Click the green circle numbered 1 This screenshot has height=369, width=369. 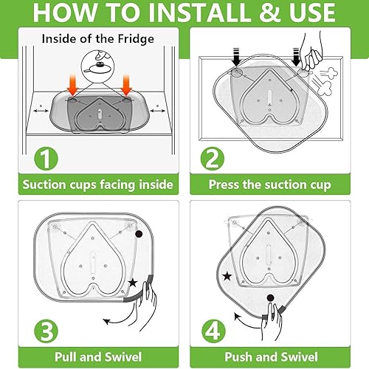click(46, 159)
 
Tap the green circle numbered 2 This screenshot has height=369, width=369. click(213, 159)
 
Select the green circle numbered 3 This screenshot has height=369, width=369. click(46, 331)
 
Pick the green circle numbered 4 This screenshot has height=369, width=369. click(213, 331)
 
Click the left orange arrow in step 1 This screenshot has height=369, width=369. click(73, 86)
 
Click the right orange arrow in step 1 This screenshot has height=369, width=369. click(126, 86)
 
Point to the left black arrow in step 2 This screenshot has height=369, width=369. click(236, 57)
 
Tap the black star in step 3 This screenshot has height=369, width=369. click(133, 283)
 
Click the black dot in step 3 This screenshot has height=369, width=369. click(139, 234)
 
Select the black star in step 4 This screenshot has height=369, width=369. click(227, 277)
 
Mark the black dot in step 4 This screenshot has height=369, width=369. click(270, 298)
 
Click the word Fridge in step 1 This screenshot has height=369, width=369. click(136, 39)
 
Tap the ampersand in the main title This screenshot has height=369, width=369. click(270, 13)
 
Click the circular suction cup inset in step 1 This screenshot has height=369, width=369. click(97, 66)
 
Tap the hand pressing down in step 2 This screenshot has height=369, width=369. click(312, 53)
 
